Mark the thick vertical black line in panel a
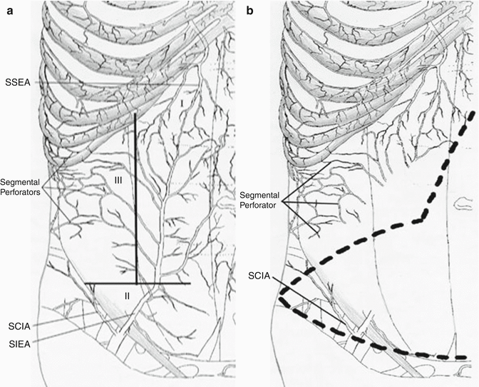[136, 200]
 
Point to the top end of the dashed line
[472, 113]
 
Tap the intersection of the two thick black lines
[136, 283]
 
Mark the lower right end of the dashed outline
[466, 356]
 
